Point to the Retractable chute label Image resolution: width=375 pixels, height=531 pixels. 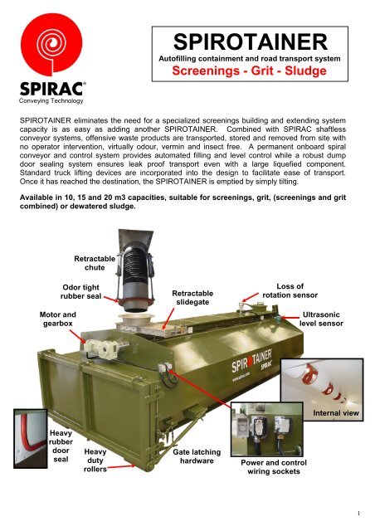tap(90, 262)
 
